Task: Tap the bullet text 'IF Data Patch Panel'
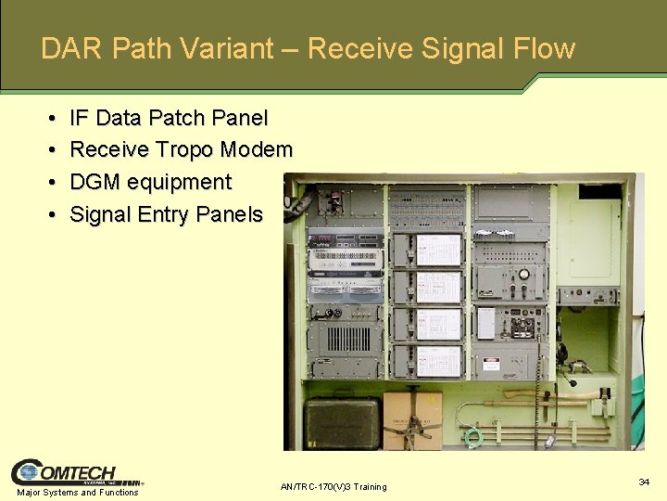[x=169, y=118]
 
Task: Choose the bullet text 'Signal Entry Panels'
[x=167, y=214]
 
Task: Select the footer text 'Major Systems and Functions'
[x=78, y=493]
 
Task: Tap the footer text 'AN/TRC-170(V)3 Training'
[x=333, y=487]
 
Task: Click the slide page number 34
[x=643, y=482]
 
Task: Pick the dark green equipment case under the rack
[x=343, y=421]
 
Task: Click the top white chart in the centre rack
[x=438, y=250]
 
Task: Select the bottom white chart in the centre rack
[x=438, y=360]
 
